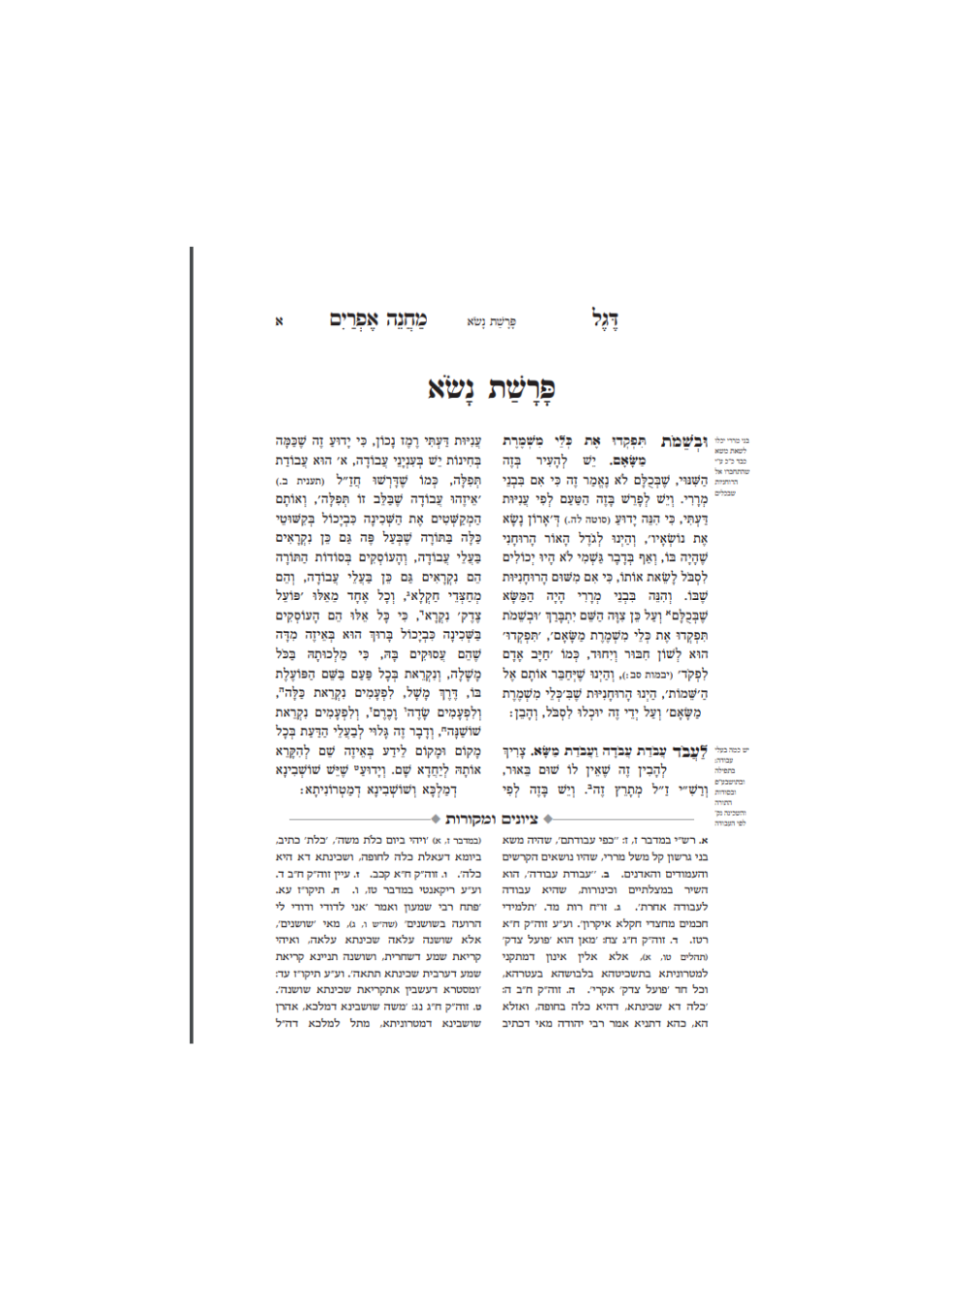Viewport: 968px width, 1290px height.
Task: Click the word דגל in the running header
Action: [x=605, y=319]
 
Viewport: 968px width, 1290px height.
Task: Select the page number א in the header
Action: [x=280, y=321]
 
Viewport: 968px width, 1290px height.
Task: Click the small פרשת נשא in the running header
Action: [x=491, y=322]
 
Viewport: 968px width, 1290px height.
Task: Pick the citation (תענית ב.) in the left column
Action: [x=292, y=481]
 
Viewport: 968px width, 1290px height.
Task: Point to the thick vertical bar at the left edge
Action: [x=192, y=644]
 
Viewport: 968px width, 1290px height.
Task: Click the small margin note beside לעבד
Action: [x=731, y=784]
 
